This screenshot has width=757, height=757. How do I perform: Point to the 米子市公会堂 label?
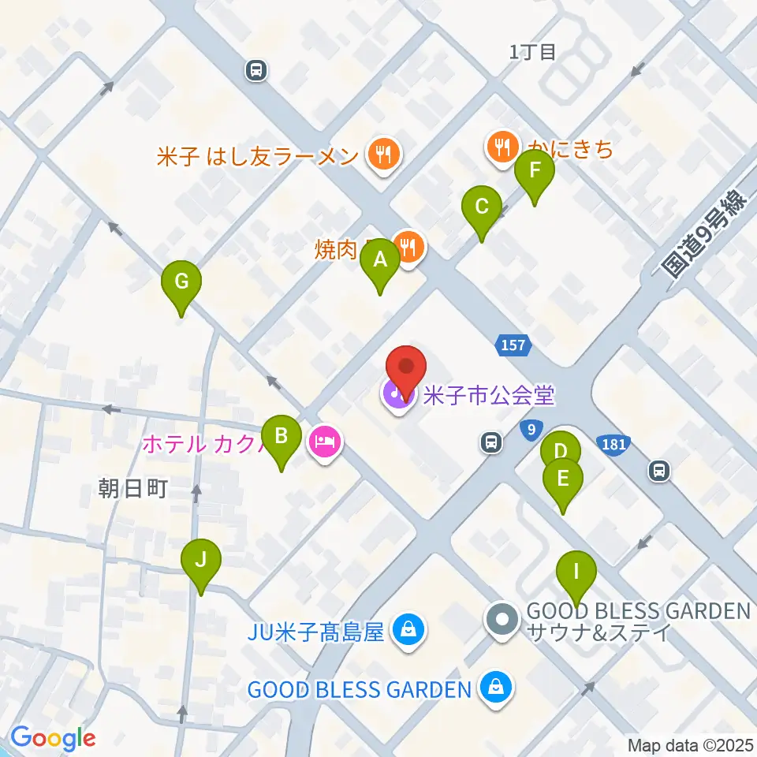pyautogui.click(x=489, y=394)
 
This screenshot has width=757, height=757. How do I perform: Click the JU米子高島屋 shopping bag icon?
pyautogui.click(x=408, y=631)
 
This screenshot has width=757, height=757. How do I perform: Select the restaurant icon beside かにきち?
pyautogui.click(x=502, y=147)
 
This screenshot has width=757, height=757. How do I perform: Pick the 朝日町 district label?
pyautogui.click(x=133, y=489)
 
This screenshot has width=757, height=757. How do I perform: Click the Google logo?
pyautogui.click(x=53, y=739)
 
